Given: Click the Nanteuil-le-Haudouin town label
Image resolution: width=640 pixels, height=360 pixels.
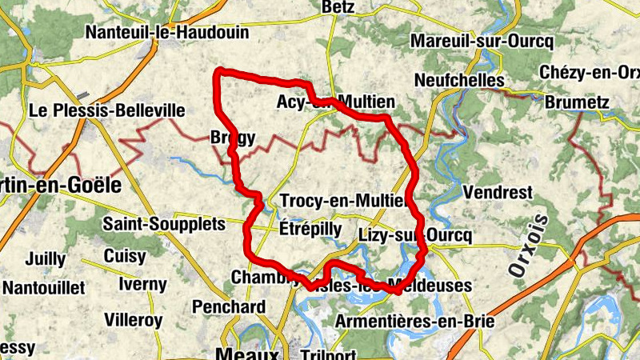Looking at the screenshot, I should pyautogui.click(x=167, y=33).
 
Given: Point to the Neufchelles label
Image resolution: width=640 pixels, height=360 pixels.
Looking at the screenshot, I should pyautogui.click(x=459, y=81).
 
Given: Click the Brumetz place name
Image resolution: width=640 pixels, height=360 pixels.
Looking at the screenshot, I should pyautogui.click(x=577, y=103).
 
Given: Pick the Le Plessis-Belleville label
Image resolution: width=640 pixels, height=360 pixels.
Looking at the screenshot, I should pyautogui.click(x=107, y=110).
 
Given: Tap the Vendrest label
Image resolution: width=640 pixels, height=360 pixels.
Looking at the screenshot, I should pyautogui.click(x=498, y=193).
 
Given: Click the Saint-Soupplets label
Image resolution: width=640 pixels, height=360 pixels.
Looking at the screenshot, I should pyautogui.click(x=164, y=225).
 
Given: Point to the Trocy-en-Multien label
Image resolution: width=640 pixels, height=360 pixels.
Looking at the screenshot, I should pyautogui.click(x=345, y=201).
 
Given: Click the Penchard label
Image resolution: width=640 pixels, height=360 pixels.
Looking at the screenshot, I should pyautogui.click(x=229, y=306).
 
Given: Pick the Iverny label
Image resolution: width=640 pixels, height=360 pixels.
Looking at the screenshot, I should pyautogui.click(x=142, y=284).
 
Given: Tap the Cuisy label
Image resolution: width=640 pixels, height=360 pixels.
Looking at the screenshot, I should pyautogui.click(x=125, y=257).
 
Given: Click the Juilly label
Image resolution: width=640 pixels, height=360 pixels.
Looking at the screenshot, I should pyautogui.click(x=46, y=259).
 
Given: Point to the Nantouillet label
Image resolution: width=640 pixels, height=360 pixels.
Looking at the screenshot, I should pyautogui.click(x=43, y=286).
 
